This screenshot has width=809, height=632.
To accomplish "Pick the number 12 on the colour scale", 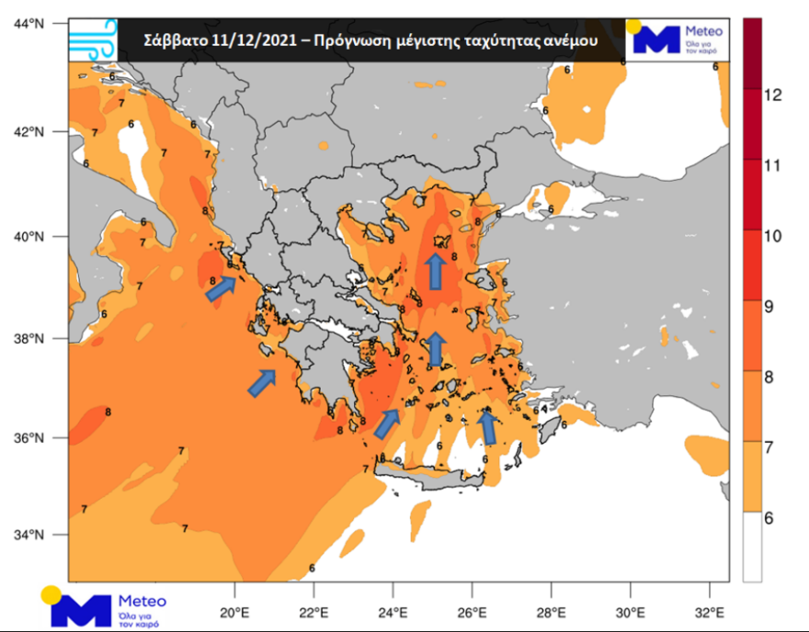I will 773,95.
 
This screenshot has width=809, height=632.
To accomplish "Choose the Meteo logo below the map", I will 107,607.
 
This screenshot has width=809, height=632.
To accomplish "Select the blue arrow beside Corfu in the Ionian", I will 220,289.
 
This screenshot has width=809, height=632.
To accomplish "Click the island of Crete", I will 432,474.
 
